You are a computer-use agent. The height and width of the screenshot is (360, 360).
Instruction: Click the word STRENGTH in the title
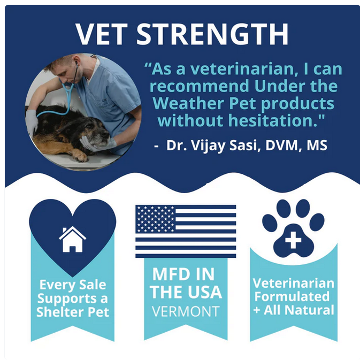[x=212, y=34]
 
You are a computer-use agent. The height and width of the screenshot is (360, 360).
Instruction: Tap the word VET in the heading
[x=102, y=34]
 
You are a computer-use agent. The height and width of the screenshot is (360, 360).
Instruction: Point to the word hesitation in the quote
[x=273, y=120]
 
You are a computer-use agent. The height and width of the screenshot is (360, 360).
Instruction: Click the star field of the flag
[x=155, y=219]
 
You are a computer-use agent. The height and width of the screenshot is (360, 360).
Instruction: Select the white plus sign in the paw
[x=293, y=240]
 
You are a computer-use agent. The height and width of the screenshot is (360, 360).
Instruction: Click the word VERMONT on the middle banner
[x=186, y=311]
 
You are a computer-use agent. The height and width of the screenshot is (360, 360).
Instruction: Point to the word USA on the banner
[x=203, y=292]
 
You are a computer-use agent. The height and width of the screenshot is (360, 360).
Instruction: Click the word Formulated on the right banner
[x=292, y=296]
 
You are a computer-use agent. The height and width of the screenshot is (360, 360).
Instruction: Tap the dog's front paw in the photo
[x=79, y=156]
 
